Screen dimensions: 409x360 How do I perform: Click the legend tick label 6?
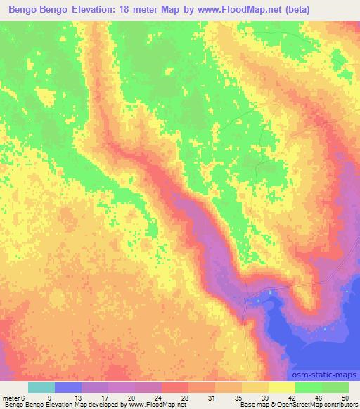(x=22, y=397)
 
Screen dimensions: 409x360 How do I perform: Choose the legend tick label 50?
(x=344, y=397)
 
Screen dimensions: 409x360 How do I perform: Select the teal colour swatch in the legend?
(x=41, y=387)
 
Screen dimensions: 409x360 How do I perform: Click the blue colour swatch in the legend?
(x=68, y=387)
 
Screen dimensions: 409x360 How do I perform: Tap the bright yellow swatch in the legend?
(x=282, y=387)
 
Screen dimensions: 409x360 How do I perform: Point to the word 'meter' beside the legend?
(x=11, y=397)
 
